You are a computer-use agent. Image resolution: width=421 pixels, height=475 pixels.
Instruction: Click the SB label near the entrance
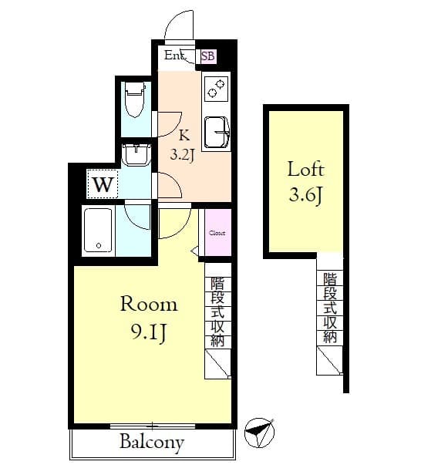208,56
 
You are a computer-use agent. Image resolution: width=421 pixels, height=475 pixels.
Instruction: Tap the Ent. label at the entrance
175,56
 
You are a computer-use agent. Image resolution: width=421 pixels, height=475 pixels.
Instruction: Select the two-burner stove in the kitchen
216,89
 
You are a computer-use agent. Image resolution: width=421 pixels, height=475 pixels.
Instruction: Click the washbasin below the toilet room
136,155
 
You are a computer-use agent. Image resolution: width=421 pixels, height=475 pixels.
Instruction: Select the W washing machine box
103,185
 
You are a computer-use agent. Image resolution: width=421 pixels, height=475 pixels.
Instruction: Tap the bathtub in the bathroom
99,230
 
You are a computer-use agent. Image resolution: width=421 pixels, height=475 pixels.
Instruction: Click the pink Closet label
217,232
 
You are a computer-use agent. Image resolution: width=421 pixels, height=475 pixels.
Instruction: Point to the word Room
148,304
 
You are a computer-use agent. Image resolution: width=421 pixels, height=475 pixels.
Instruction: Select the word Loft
306,169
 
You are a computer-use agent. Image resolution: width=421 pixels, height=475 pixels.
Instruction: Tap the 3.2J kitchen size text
182,153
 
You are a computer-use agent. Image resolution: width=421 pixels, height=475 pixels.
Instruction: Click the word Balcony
152,443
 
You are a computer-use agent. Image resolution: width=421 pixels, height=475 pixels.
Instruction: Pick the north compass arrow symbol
260,433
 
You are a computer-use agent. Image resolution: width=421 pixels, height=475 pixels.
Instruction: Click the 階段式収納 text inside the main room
217,312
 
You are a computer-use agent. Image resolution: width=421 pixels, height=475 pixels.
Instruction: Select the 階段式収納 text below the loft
330,307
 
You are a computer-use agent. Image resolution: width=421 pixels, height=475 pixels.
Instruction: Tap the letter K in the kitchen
184,132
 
